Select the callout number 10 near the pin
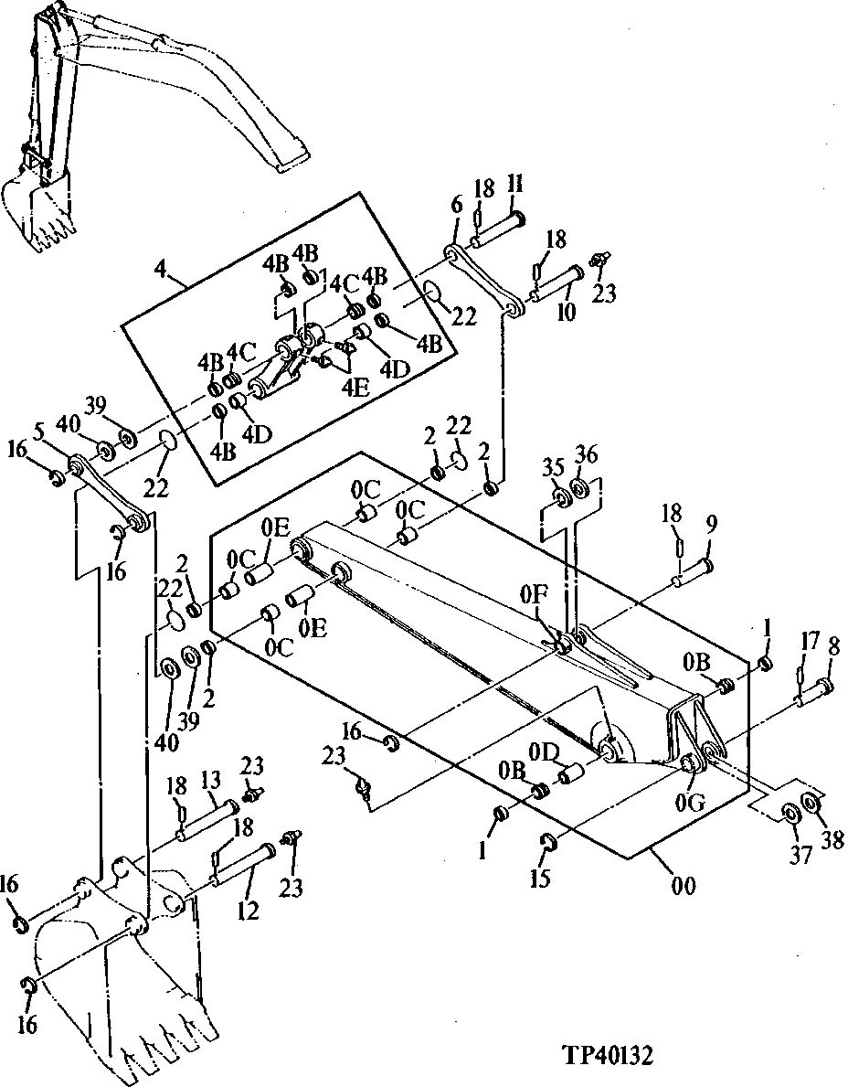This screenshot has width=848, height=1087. pos(567,313)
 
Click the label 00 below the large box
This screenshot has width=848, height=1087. pos(684,885)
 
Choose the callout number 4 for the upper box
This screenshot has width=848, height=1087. pos(161,270)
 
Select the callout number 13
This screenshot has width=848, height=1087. pos(211,779)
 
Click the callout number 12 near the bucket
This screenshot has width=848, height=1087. pos(248,911)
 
